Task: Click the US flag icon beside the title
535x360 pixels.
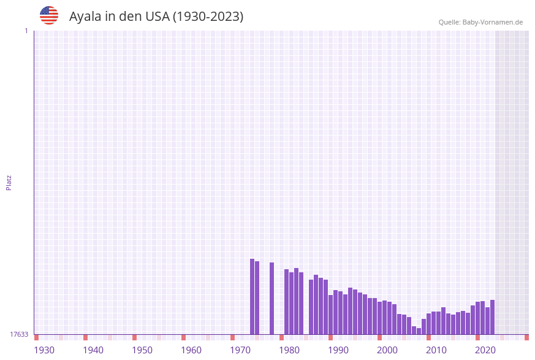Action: (x=49, y=15)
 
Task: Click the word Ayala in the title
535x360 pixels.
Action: (x=85, y=17)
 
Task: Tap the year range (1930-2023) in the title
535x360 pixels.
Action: (x=208, y=17)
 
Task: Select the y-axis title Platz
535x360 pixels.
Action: (x=9, y=182)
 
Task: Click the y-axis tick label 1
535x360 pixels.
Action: (x=26, y=31)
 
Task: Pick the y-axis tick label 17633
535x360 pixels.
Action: (x=19, y=334)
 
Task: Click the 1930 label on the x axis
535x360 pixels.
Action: (x=44, y=350)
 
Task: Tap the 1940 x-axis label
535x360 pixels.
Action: (x=93, y=350)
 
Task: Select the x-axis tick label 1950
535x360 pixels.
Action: (x=142, y=350)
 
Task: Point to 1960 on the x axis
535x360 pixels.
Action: (x=191, y=350)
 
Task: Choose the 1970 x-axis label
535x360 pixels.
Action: (x=240, y=350)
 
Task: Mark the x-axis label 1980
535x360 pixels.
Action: (x=289, y=350)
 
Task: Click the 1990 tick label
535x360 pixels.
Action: (x=338, y=350)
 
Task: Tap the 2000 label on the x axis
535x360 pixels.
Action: (x=387, y=350)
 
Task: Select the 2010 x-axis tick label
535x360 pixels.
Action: (x=436, y=350)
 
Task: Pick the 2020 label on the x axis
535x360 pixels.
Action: (x=485, y=350)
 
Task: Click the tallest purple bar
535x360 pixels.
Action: (x=252, y=297)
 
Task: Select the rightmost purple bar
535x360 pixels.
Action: (x=492, y=317)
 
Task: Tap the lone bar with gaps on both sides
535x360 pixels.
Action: (x=271, y=299)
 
